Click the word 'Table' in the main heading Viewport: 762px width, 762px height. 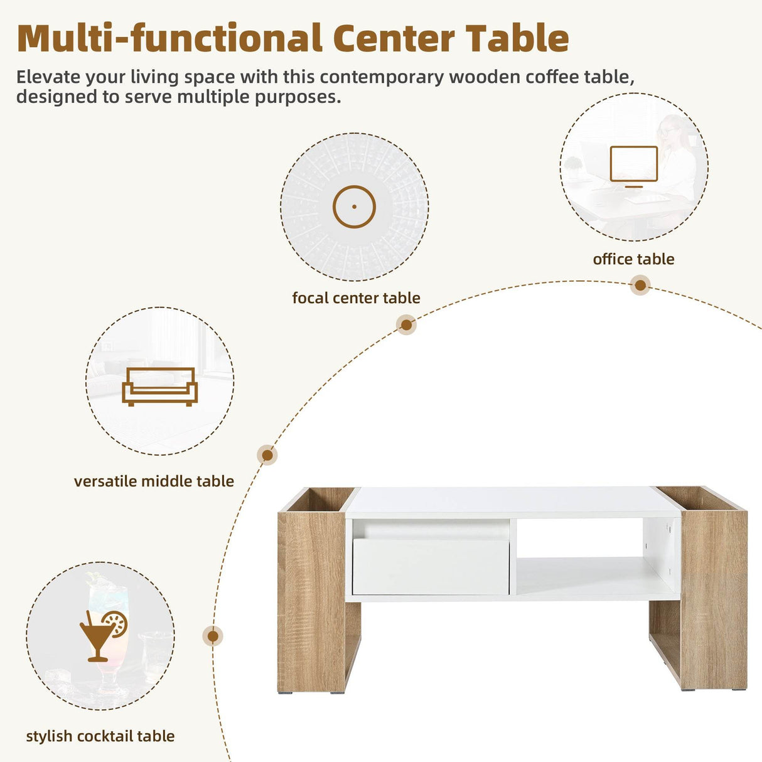[x=517, y=39]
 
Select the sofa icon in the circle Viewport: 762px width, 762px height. [x=159, y=386]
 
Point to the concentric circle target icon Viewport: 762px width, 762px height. [x=354, y=207]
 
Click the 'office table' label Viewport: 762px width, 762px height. [x=633, y=259]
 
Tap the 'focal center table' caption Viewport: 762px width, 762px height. [x=356, y=298]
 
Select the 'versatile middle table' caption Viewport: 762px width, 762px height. [x=154, y=481]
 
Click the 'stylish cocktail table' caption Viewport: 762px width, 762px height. [x=100, y=736]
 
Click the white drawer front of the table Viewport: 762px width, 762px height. [x=431, y=567]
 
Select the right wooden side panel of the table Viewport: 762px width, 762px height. [x=714, y=599]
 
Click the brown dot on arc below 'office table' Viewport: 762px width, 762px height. [x=640, y=286]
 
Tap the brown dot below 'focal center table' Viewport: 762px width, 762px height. [x=406, y=325]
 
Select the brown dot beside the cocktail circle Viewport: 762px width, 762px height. [x=213, y=636]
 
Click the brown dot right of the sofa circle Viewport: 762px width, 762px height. [x=267, y=455]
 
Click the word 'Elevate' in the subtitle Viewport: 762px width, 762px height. [x=48, y=77]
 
